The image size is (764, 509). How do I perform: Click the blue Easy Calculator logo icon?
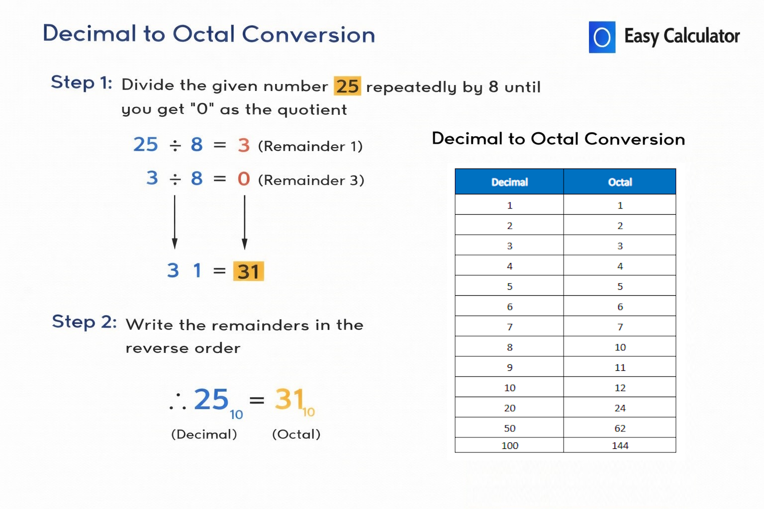[602, 37]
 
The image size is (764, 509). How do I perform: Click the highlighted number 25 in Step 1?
[347, 86]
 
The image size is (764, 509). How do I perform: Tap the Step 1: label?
[82, 83]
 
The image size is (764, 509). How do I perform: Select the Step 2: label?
[84, 322]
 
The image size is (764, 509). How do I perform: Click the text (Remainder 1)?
[310, 146]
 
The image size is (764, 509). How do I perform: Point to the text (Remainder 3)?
[311, 180]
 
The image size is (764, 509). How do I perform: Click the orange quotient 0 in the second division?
[244, 179]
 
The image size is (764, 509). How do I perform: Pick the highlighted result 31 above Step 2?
[249, 271]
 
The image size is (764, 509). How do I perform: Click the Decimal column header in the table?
[509, 182]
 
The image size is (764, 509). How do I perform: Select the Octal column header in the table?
[620, 182]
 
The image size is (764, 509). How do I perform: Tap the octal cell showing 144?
[620, 445]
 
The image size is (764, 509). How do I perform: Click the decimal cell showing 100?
[509, 445]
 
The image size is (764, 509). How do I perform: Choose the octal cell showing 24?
[620, 408]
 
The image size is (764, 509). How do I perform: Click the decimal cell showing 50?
[509, 428]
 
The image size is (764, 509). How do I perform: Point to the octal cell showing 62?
[620, 428]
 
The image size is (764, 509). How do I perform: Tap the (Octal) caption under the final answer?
[296, 434]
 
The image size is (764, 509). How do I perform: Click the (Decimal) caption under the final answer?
[204, 434]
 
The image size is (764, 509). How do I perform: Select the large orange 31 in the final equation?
[289, 400]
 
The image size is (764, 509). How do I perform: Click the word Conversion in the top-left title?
[308, 35]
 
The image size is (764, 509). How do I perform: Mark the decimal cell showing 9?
[509, 367]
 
